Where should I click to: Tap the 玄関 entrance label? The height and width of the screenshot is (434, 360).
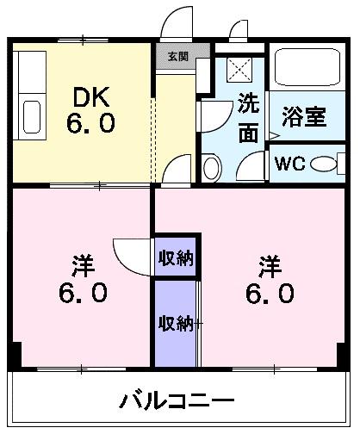pyautogui.click(x=177, y=57)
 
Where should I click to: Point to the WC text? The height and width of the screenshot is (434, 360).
pyautogui.click(x=291, y=164)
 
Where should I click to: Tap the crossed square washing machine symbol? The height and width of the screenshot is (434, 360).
pyautogui.click(x=237, y=69)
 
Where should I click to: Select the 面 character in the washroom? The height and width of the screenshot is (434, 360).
pyautogui.click(x=248, y=134)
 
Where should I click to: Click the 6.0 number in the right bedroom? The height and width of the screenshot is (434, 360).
pyautogui.click(x=270, y=294)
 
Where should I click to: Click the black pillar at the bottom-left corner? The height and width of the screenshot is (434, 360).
pyautogui.click(x=15, y=353)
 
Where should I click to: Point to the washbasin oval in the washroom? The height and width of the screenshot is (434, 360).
pyautogui.click(x=209, y=164)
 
